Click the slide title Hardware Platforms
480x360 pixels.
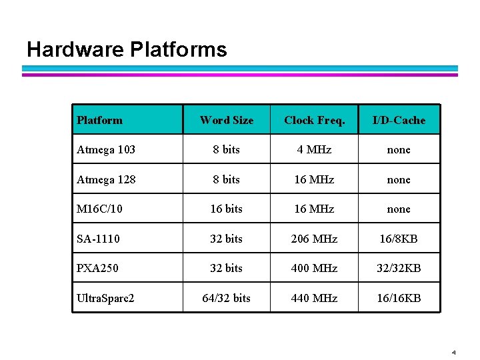click(127, 49)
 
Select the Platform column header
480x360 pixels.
click(100, 121)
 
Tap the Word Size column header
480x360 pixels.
click(227, 121)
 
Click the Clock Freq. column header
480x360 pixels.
click(315, 121)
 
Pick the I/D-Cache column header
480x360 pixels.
click(399, 121)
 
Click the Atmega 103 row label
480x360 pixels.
click(106, 150)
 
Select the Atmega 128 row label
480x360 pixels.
click(106, 180)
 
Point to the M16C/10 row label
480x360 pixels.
click(100, 209)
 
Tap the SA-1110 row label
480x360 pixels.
click(99, 239)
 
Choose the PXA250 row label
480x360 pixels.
click(99, 268)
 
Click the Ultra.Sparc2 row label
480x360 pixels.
click(105, 298)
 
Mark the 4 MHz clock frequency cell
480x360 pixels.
click(315, 150)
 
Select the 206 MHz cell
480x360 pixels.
click(315, 239)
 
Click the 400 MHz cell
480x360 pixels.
click(315, 268)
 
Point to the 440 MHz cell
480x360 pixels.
click(315, 298)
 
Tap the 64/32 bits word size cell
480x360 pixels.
click(227, 298)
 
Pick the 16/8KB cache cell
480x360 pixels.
click(399, 239)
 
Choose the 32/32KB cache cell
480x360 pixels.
click(399, 268)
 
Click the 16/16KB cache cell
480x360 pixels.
click(399, 298)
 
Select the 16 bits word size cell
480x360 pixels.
click(227, 209)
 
